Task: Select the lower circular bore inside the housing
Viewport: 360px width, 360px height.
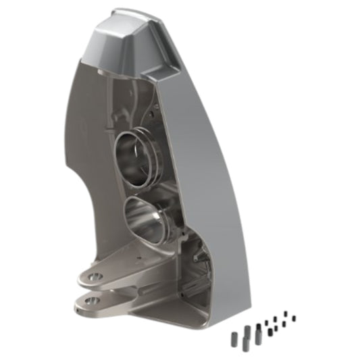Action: pos(147,217)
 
